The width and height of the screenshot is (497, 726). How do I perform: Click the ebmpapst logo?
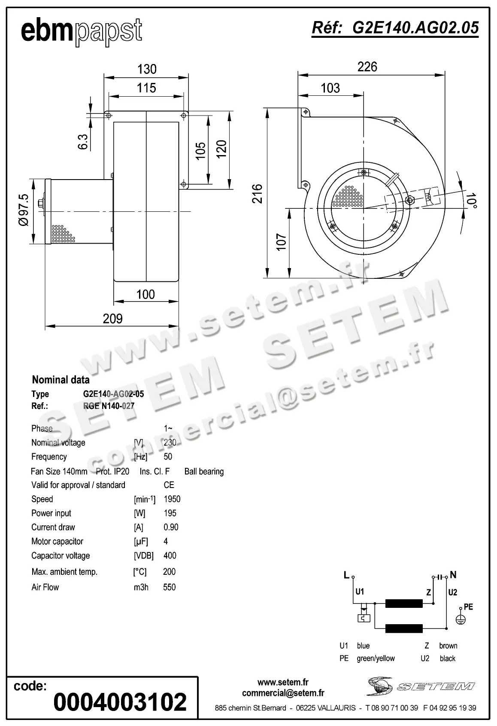81,31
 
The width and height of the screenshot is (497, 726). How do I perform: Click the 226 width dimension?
367,67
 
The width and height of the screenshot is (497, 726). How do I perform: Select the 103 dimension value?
330,88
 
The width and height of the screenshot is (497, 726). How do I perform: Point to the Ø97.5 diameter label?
24,210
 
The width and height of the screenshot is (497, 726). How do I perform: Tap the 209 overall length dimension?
112,319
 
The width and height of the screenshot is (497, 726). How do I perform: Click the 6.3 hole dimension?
83,142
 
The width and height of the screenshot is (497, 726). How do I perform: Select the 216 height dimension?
257,193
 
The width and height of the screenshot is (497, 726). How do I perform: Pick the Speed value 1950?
172,499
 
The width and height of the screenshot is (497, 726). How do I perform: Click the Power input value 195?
170,513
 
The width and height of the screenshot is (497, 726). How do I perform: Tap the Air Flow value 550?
170,587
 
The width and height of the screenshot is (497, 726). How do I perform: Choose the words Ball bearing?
204,472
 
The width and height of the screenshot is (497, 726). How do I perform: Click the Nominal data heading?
61,380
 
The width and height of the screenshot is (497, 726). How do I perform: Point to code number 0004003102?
120,702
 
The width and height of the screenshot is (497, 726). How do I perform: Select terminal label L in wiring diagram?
346,575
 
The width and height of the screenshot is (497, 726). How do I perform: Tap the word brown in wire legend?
448,646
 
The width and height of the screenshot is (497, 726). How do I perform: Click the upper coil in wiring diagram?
403,604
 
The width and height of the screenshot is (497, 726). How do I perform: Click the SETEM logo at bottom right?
421,686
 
